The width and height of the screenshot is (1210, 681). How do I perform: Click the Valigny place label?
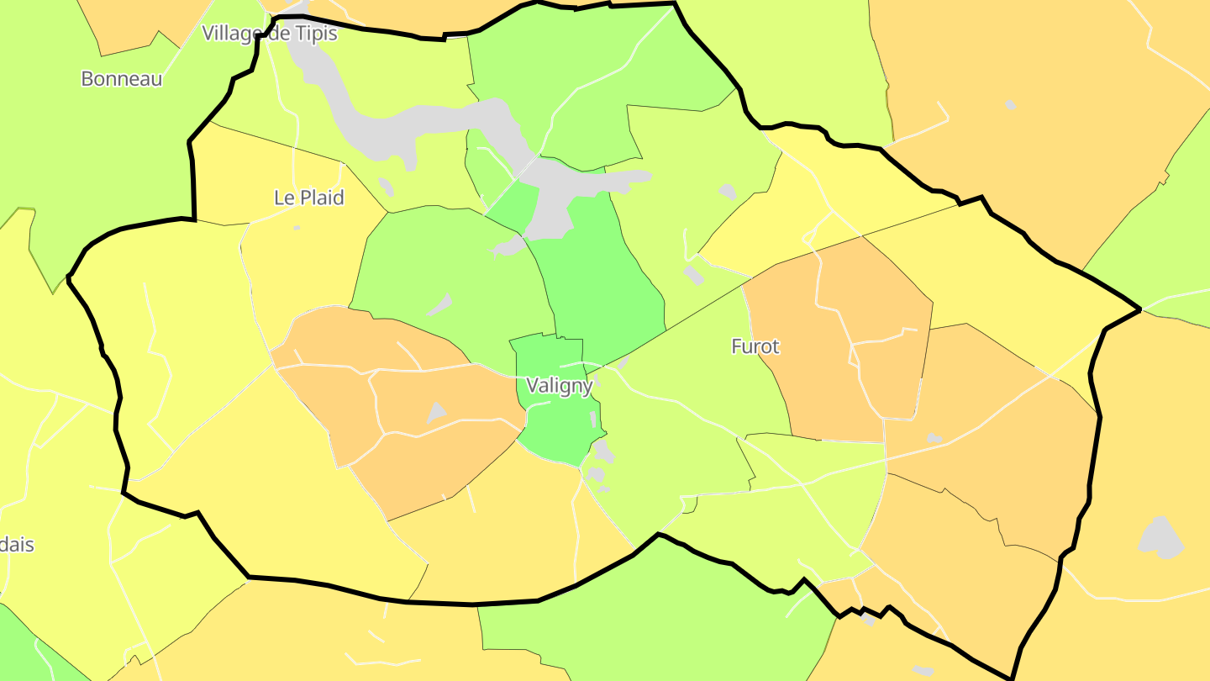click(559, 385)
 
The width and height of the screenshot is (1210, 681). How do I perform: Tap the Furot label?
click(755, 346)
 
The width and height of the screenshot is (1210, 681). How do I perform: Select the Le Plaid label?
click(308, 198)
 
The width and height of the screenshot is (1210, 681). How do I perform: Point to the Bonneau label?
click(121, 79)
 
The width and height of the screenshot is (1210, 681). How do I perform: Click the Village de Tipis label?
click(269, 34)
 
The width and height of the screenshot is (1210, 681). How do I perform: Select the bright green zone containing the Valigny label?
click(555, 429)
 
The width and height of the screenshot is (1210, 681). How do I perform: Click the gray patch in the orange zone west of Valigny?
click(436, 412)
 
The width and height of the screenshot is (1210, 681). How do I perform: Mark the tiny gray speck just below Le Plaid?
click(297, 228)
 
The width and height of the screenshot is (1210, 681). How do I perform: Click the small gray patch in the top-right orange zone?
click(1010, 105)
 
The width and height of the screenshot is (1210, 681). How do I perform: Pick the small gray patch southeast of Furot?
click(934, 438)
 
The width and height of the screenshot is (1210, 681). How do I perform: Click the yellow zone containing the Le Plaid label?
click(302, 252)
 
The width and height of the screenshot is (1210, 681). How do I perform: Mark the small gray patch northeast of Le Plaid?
click(386, 187)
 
